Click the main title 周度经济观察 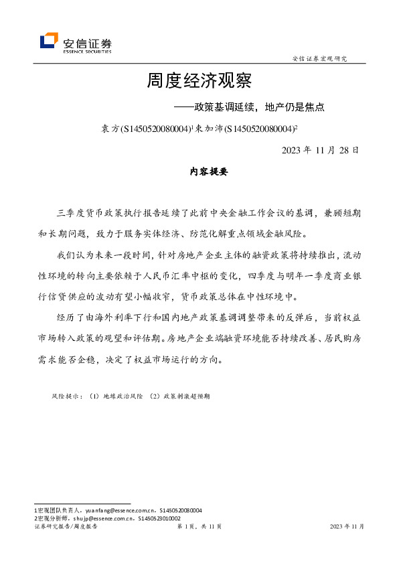tap(199, 82)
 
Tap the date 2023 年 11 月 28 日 tap(320, 149)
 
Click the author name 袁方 tap(107, 127)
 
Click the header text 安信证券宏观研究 tap(320, 58)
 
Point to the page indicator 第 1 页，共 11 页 tap(199, 527)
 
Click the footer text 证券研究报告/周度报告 tap(66, 527)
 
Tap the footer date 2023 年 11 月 tap(347, 527)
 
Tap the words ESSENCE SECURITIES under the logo tap(87, 51)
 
